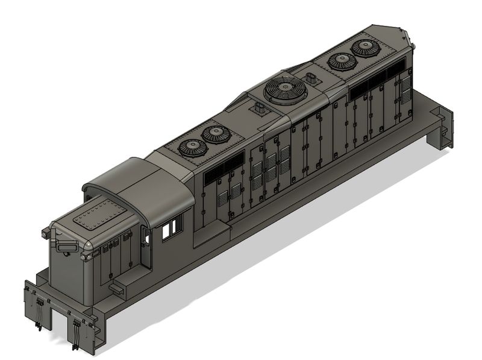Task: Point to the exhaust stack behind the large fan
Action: [x=311, y=78]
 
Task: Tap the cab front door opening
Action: [x=145, y=247]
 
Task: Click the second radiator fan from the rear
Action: [x=341, y=62]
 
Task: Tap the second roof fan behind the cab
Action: [x=214, y=134]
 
